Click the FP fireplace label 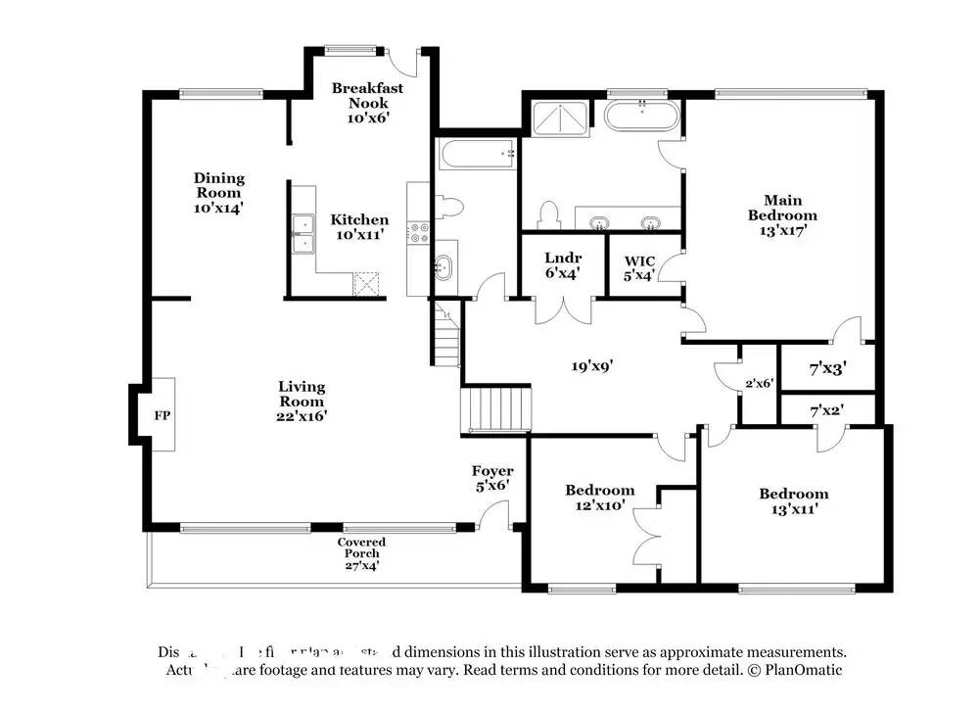click(162, 415)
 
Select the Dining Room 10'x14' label click(218, 192)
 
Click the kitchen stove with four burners click(419, 232)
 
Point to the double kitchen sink click(303, 232)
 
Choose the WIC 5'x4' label click(639, 267)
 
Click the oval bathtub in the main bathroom click(638, 117)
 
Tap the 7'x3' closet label click(827, 369)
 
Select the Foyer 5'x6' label click(492, 478)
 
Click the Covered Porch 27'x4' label click(361, 553)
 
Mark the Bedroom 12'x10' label click(599, 498)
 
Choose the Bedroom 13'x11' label click(793, 500)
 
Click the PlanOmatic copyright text click(793, 671)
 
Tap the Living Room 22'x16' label click(301, 401)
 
